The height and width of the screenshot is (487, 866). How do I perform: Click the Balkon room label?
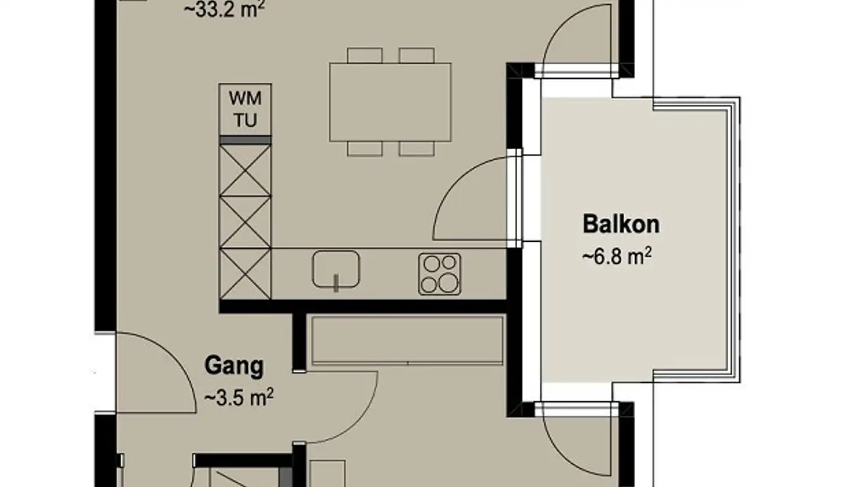(621, 224)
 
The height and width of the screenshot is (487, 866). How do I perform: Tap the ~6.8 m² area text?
(617, 256)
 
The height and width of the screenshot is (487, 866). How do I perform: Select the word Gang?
(234, 366)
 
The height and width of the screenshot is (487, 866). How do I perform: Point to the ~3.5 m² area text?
(239, 397)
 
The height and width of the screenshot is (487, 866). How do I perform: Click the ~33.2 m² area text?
(224, 9)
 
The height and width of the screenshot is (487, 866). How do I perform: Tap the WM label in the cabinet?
(245, 99)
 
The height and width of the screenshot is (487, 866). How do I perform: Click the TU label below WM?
(245, 121)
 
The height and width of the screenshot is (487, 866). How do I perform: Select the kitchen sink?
(336, 269)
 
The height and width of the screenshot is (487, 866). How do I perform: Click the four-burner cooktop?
(440, 274)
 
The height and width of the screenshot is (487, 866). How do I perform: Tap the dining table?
(390, 102)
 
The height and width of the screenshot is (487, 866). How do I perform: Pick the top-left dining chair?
(364, 55)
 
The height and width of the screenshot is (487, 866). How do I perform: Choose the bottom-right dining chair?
(416, 149)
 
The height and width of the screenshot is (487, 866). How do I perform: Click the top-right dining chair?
(416, 55)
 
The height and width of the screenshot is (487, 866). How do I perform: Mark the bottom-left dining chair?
(364, 149)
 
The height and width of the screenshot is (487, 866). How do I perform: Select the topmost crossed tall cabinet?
(245, 170)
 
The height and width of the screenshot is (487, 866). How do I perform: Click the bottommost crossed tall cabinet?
(245, 274)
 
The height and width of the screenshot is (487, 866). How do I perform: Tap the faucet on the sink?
(336, 283)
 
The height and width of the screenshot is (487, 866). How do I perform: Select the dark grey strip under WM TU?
(245, 140)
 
